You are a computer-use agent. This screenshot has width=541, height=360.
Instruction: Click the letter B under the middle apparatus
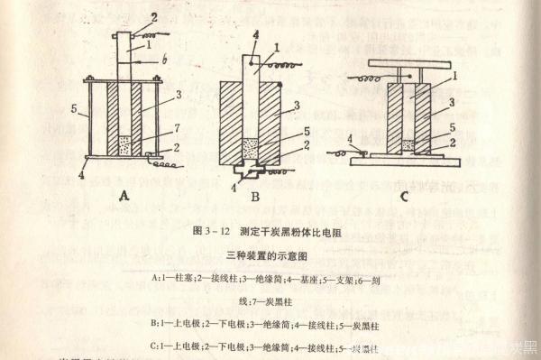[255, 196]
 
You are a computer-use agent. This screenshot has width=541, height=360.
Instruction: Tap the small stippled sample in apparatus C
[408, 143]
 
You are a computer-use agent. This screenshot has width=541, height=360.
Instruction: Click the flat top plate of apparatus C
[410, 64]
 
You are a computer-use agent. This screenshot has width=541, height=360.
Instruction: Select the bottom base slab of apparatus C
[406, 162]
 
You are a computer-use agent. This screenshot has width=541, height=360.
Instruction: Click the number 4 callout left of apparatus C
[350, 137]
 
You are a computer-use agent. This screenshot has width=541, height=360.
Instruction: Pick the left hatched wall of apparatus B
[233, 122]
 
